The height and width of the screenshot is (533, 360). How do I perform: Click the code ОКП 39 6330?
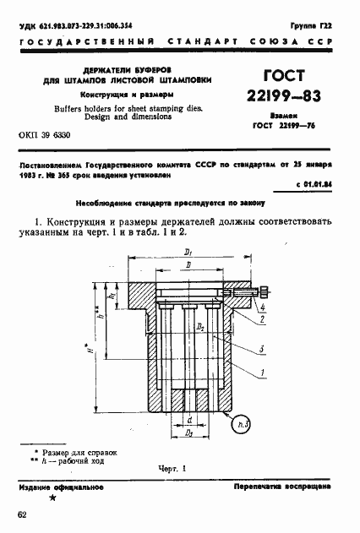(x=45, y=136)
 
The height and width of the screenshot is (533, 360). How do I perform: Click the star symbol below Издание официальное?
(x=54, y=500)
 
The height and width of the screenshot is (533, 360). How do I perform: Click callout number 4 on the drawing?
(x=264, y=307)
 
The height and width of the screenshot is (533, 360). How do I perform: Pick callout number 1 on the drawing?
(x=264, y=373)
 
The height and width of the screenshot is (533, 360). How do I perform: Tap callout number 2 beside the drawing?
(x=264, y=321)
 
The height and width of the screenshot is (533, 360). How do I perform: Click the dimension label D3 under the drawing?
(x=191, y=433)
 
